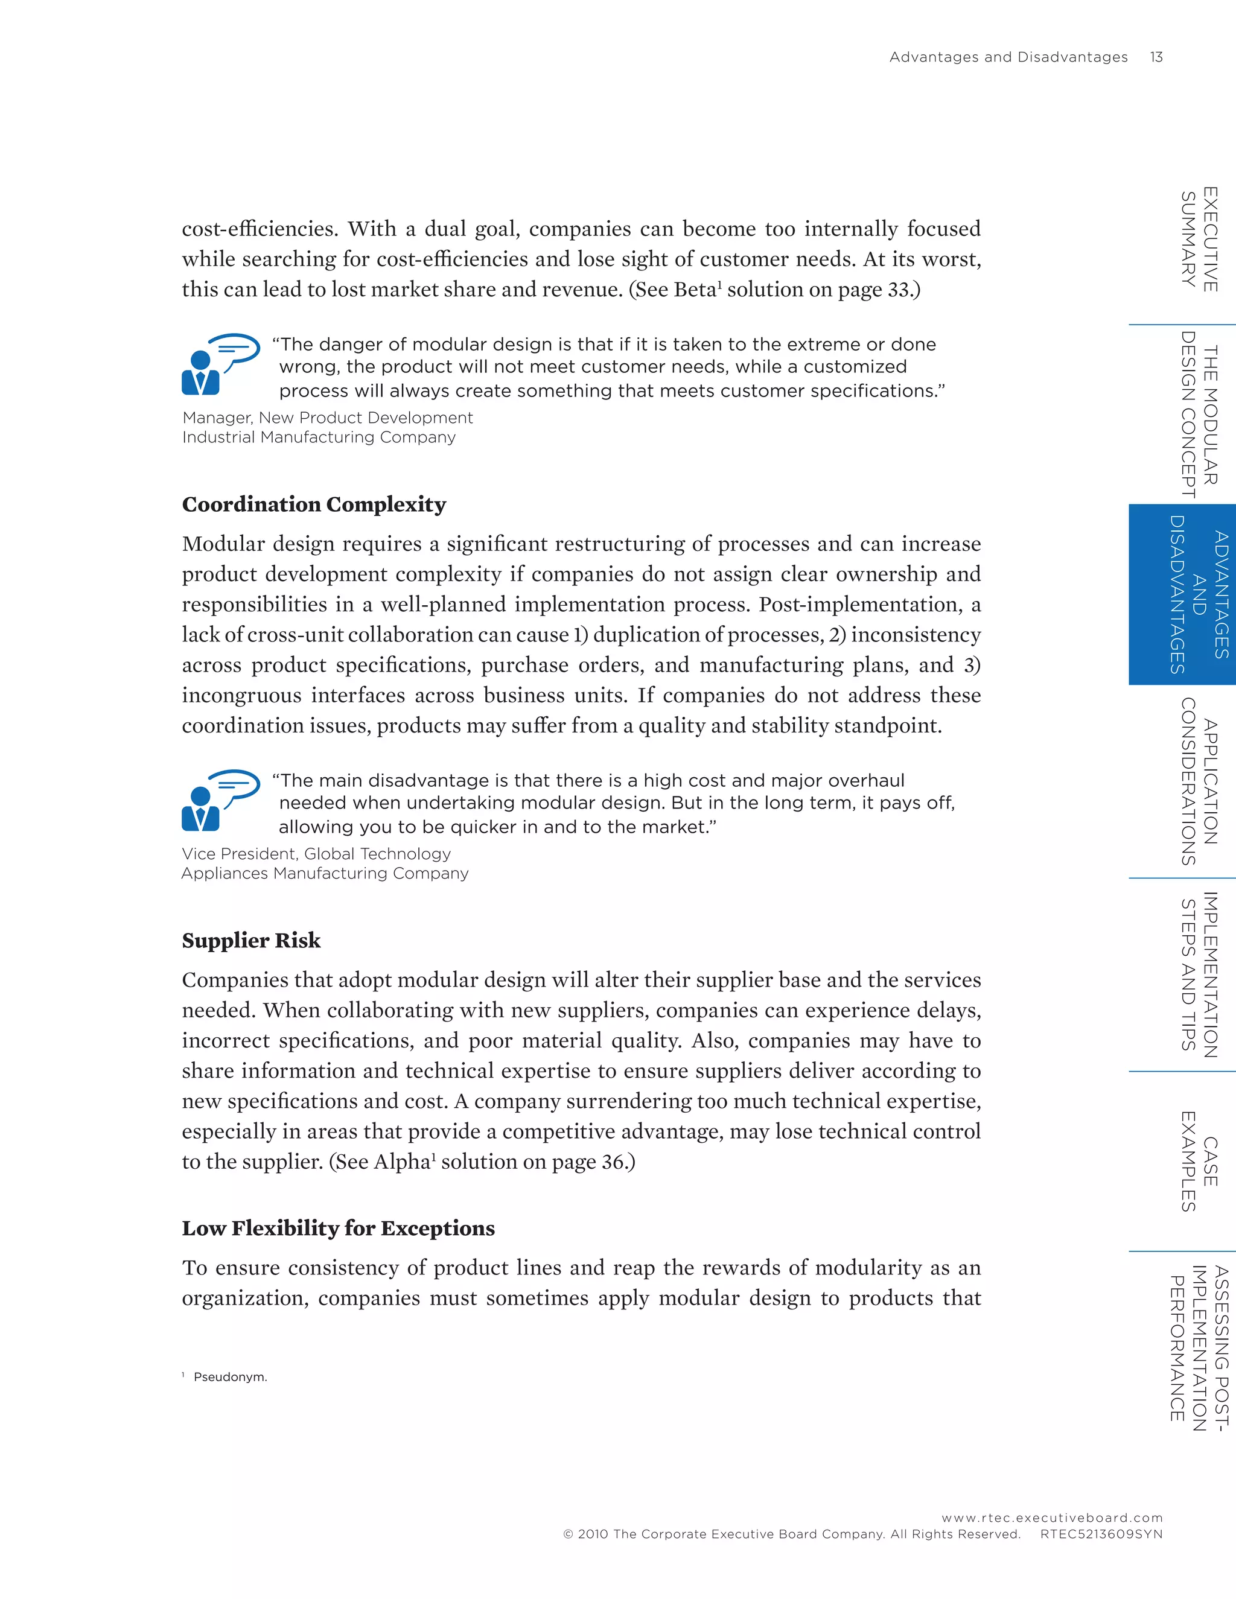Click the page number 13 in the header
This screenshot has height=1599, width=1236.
(1156, 57)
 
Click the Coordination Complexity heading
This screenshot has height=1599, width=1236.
(313, 504)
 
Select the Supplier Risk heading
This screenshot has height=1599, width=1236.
(251, 941)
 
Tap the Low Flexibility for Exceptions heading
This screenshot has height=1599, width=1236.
(339, 1229)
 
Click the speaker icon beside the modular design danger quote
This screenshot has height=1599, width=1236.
(220, 364)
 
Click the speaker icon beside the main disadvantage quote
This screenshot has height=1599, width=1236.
(220, 800)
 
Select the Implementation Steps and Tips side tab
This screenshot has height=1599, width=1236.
(1199, 974)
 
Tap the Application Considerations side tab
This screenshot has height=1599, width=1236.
(1199, 782)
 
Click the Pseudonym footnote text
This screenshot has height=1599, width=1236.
(230, 1377)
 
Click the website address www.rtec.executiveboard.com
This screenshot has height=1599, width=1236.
(1051, 1518)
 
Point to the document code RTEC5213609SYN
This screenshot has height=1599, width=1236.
(1101, 1534)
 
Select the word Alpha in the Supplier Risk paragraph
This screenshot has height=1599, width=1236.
(401, 1162)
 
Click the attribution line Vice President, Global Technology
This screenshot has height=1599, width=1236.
(316, 854)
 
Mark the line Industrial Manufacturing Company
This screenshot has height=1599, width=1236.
(319, 437)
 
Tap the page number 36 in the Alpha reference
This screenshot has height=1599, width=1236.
(612, 1162)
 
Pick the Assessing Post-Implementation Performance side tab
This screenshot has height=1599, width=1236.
(1199, 1348)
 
